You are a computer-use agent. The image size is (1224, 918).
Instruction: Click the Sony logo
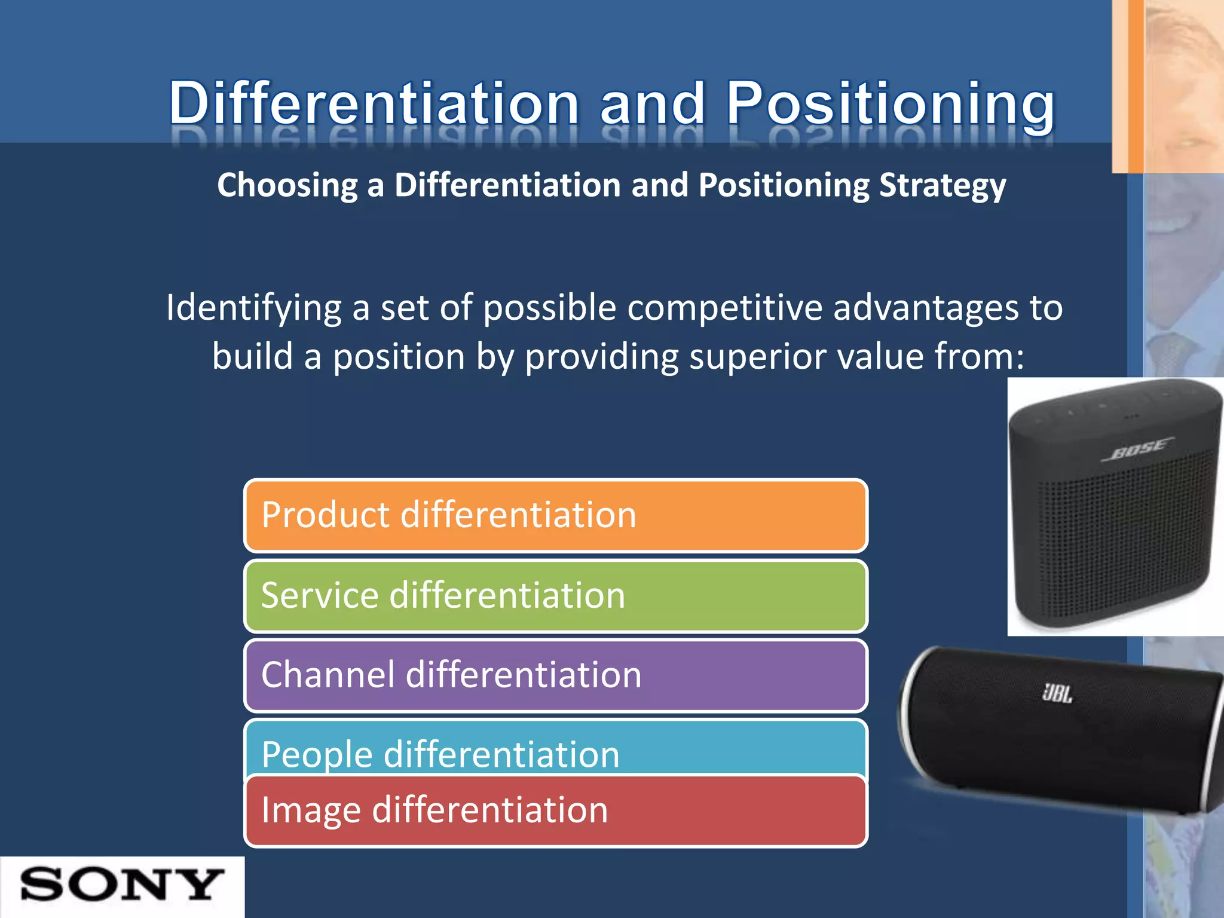point(122,885)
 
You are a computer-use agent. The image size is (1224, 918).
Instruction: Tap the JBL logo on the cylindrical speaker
point(1057,693)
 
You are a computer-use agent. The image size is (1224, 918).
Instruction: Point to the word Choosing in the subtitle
point(287,185)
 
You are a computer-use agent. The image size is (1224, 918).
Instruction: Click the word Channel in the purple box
point(328,675)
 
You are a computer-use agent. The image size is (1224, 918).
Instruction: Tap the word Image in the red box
point(311,811)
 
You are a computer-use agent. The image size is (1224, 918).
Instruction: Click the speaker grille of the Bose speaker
point(1124,538)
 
